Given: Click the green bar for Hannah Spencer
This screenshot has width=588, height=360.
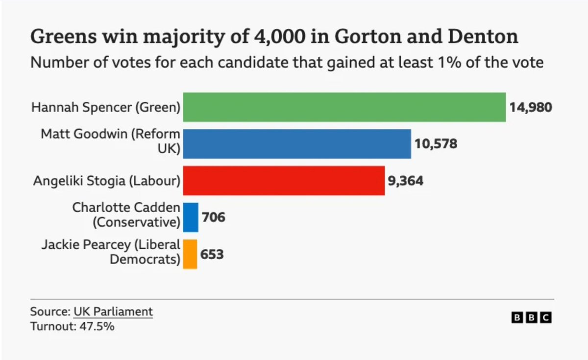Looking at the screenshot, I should click(x=344, y=107).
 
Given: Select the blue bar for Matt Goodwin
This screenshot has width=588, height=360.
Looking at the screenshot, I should click(x=296, y=144).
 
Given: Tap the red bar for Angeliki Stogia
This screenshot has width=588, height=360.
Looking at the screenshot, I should click(x=284, y=181).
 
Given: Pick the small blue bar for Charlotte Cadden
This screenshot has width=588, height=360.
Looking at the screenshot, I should click(x=191, y=217).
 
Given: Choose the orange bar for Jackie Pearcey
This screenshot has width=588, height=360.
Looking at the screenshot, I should click(x=190, y=254).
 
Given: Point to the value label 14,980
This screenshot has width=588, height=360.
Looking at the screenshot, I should click(x=531, y=107).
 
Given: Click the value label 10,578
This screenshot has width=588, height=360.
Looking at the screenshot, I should click(x=436, y=144).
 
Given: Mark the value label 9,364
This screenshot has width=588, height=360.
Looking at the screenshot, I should click(x=405, y=181).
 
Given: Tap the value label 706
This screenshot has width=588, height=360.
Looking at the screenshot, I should click(x=213, y=217).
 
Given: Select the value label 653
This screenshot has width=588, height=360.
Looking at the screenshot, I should click(x=212, y=254).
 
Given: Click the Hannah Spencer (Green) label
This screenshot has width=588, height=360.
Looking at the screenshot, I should click(x=106, y=107).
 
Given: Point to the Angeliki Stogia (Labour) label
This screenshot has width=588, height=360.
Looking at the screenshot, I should click(x=106, y=181).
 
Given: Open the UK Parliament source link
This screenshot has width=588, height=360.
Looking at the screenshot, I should click(x=113, y=312).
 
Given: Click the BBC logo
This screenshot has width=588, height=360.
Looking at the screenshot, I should click(x=532, y=317).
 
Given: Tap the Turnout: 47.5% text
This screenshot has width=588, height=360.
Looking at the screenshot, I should click(x=72, y=326).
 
